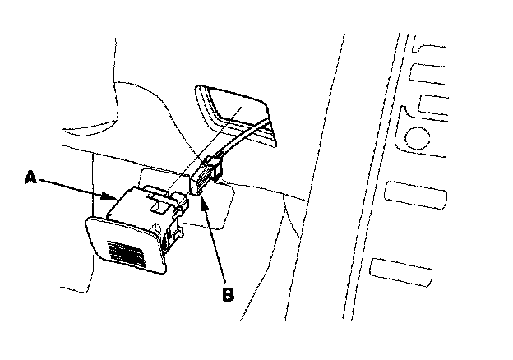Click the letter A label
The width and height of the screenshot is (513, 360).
click(x=30, y=176)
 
